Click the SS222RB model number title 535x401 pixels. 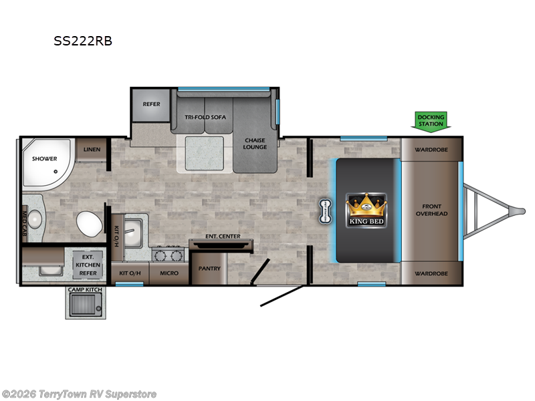[83, 41]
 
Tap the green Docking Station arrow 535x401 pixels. [431, 120]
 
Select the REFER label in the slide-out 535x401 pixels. [151, 104]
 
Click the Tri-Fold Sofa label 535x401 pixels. [205, 117]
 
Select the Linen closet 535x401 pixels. [92, 150]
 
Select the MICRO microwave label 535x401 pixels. [169, 273]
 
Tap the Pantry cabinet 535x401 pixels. [209, 269]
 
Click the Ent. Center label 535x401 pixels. [223, 237]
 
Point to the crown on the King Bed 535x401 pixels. [366, 203]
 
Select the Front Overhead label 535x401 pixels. [431, 210]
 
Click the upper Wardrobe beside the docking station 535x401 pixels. [431, 149]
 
